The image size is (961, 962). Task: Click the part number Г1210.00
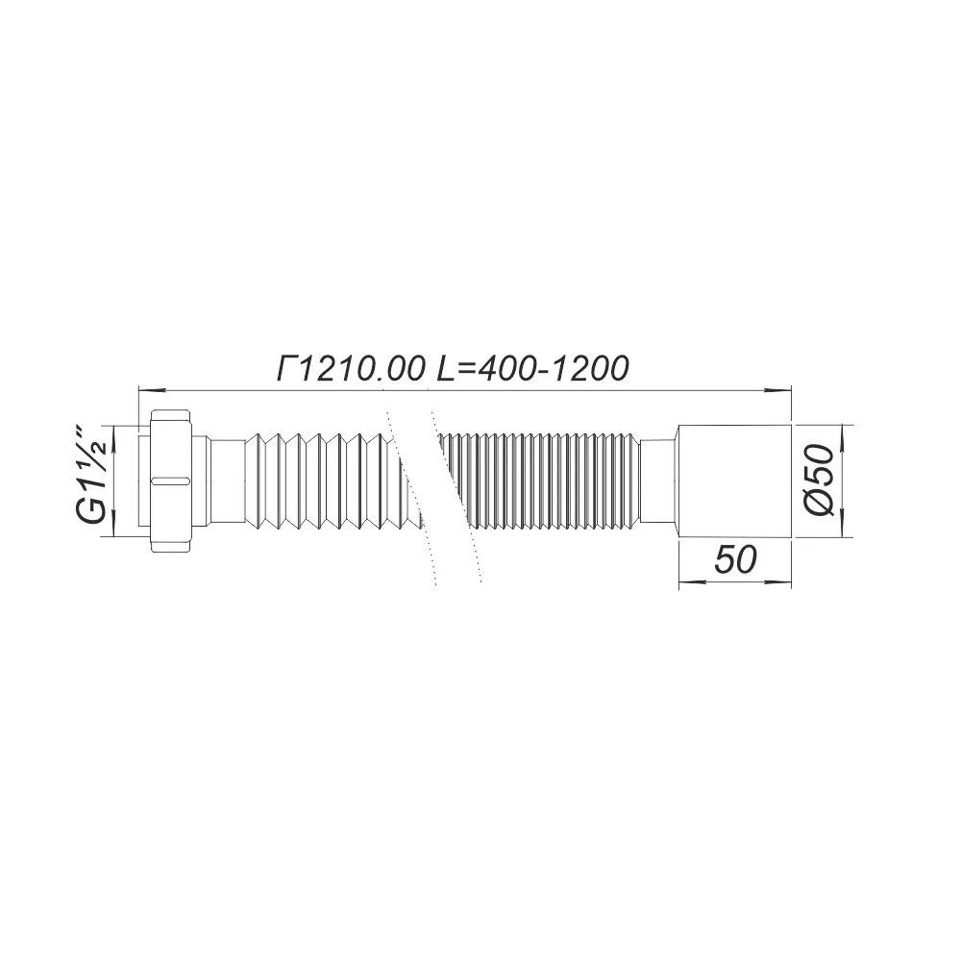[350, 368]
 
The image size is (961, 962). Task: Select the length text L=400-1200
[532, 368]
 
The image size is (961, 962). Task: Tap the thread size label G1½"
[92, 478]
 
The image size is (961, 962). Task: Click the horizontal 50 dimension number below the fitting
[735, 560]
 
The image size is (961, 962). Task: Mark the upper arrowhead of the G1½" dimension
[114, 432]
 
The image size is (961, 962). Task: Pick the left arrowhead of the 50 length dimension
[688, 581]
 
